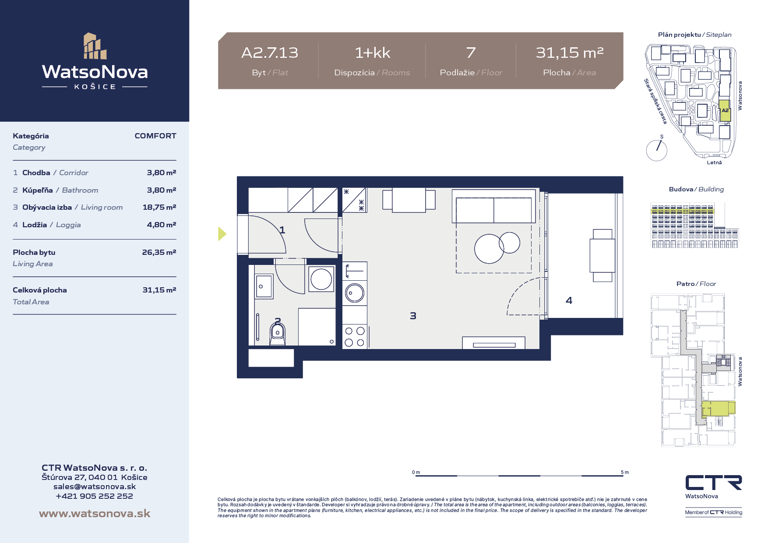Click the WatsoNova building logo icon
(95, 46)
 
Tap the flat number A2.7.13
(270, 53)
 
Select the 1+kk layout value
(373, 53)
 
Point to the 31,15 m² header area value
(570, 53)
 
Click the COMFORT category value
(155, 136)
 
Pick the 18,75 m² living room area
(159, 207)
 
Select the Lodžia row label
(35, 225)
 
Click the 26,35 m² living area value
(159, 252)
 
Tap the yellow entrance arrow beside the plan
(222, 234)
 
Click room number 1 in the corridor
(282, 230)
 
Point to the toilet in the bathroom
(277, 334)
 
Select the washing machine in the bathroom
(321, 279)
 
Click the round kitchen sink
(355, 293)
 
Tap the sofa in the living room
(493, 206)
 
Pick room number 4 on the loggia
(569, 300)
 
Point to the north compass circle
(657, 151)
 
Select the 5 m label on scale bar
(625, 472)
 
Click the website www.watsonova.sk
(95, 514)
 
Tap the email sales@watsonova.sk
(95, 487)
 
